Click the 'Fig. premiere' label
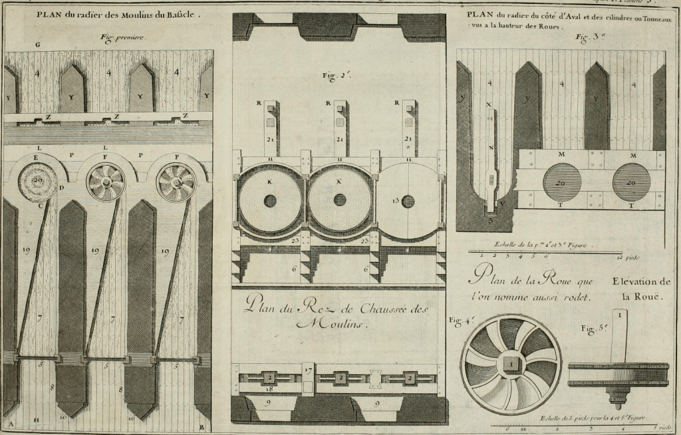pyautogui.click(x=123, y=38)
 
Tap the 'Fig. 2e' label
pyautogui.click(x=339, y=76)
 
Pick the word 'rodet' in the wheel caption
pyautogui.click(x=577, y=296)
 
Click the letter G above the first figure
pyautogui.click(x=39, y=45)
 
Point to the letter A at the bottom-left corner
pyautogui.click(x=11, y=424)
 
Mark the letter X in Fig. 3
pyautogui.click(x=489, y=104)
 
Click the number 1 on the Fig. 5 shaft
pyautogui.click(x=620, y=315)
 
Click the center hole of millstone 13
pyautogui.click(x=408, y=201)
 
